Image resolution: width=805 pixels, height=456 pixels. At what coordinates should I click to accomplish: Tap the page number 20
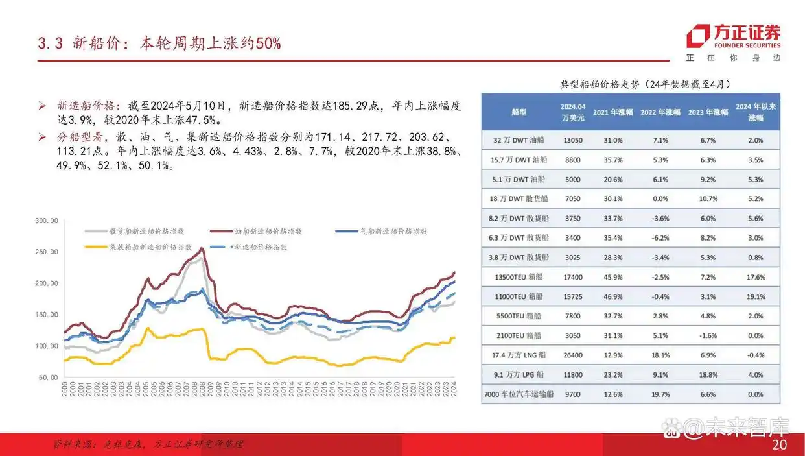780,446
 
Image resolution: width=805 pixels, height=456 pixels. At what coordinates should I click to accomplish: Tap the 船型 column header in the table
519,112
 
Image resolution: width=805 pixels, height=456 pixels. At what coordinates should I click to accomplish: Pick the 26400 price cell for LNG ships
573,355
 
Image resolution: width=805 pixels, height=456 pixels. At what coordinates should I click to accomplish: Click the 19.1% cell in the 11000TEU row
756,296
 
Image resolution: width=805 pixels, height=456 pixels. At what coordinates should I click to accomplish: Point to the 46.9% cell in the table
614,296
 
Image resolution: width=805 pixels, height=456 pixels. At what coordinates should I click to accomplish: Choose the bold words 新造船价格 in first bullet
86,106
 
